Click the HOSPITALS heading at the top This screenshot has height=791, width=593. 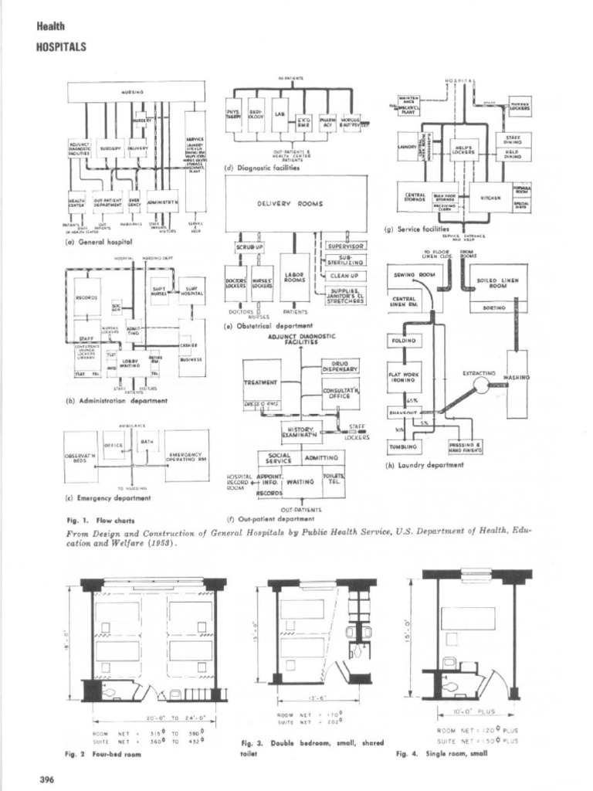60,46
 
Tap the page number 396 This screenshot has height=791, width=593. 46,779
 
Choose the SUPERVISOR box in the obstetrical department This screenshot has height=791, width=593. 345,246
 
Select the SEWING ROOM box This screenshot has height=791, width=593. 415,274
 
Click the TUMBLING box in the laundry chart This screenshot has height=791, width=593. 408,446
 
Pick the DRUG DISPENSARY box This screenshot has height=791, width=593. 340,368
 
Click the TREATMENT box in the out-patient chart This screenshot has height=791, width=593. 260,382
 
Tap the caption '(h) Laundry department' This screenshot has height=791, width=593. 425,465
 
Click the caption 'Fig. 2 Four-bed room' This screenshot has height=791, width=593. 103,753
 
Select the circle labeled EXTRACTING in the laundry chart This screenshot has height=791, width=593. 483,384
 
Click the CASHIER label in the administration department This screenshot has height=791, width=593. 190,345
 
